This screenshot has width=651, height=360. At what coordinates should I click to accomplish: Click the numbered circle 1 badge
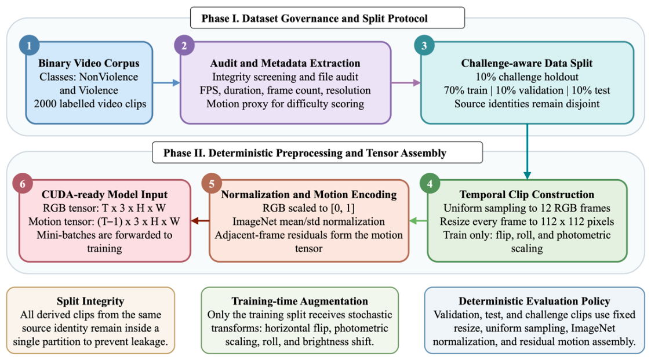click(30, 46)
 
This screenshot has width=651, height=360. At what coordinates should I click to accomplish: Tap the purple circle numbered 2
click(184, 46)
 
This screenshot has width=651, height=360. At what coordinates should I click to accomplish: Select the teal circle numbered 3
click(425, 46)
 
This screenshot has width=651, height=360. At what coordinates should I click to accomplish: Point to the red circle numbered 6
click(23, 184)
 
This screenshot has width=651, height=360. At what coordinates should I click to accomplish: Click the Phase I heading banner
click(327, 18)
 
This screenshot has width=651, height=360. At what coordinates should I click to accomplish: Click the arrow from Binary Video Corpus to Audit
click(166, 83)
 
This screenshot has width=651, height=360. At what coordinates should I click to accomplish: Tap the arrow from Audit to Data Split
click(406, 83)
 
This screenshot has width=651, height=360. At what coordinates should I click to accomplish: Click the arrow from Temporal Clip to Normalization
click(418, 220)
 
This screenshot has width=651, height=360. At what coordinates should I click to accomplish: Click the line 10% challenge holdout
click(526, 77)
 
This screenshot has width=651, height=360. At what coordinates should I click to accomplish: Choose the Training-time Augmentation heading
click(300, 301)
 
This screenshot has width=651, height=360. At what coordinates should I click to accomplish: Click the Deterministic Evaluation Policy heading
click(534, 301)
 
